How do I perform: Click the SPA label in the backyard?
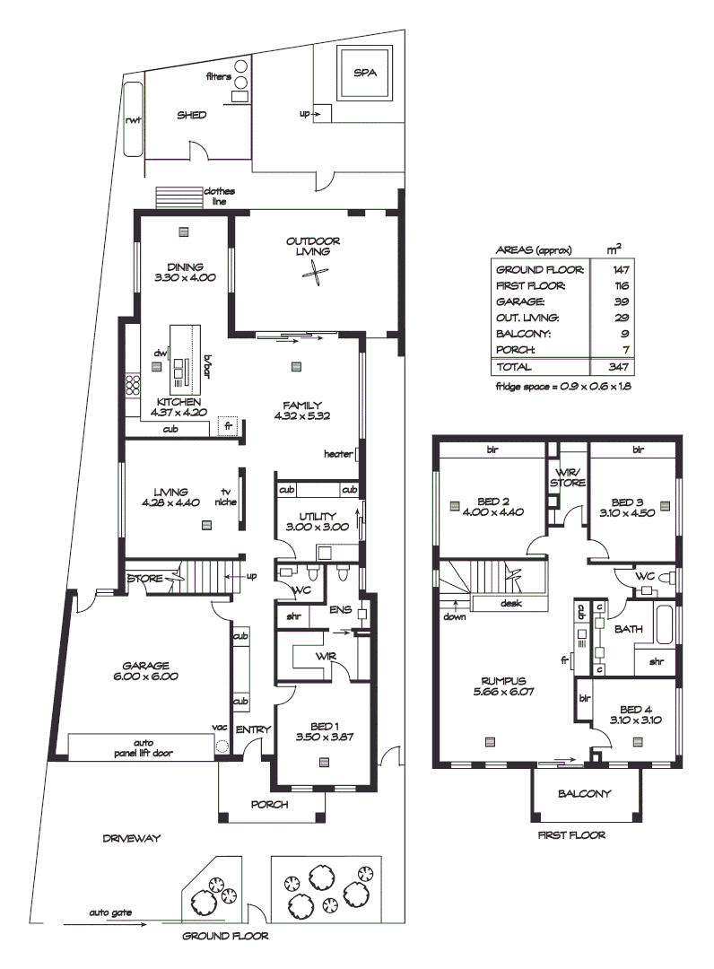(x=365, y=73)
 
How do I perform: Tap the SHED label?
(x=191, y=115)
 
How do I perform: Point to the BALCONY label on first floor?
(x=584, y=793)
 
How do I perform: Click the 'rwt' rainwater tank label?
(x=134, y=119)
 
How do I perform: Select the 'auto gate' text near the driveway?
(x=110, y=912)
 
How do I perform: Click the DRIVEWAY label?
(x=131, y=839)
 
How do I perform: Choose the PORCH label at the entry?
(x=269, y=805)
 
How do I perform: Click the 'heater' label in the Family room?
(x=337, y=454)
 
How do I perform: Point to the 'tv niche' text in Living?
(x=224, y=497)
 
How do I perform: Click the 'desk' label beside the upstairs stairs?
(x=511, y=604)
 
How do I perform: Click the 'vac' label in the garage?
(x=217, y=726)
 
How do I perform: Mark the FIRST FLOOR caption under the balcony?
(x=570, y=834)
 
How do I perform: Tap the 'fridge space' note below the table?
(x=564, y=387)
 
